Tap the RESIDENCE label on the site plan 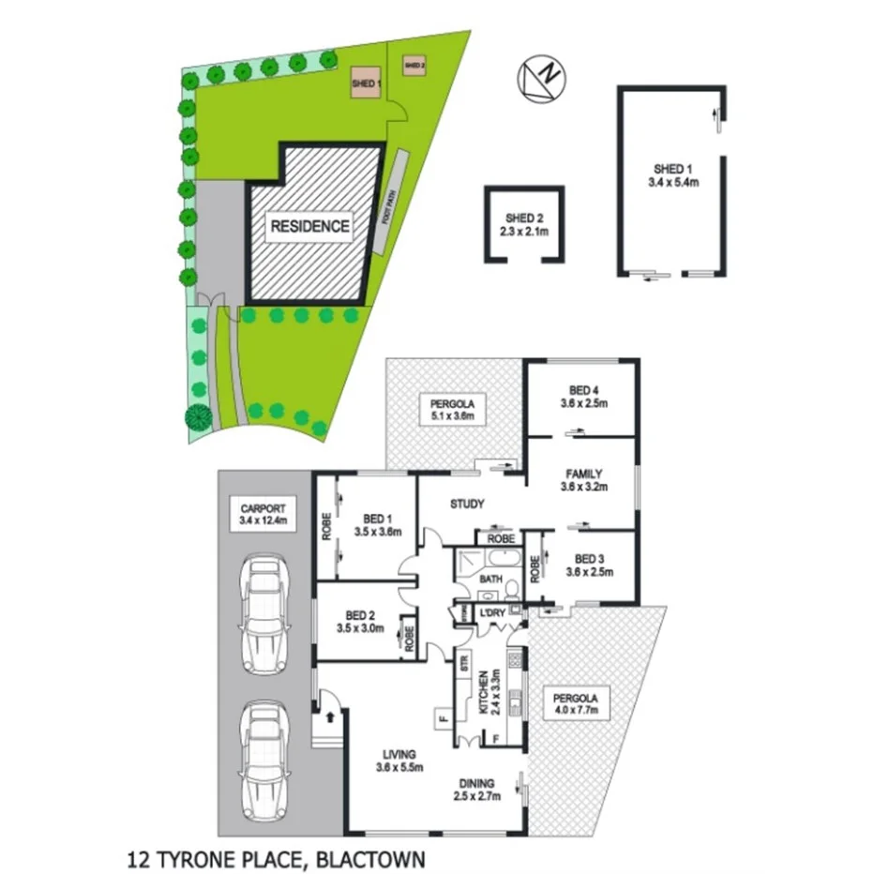[310, 226]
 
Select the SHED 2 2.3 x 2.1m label [524, 224]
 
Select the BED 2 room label [361, 623]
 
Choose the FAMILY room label [582, 480]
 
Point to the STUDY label [467, 505]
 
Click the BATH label [491, 580]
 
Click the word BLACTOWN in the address [372, 857]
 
